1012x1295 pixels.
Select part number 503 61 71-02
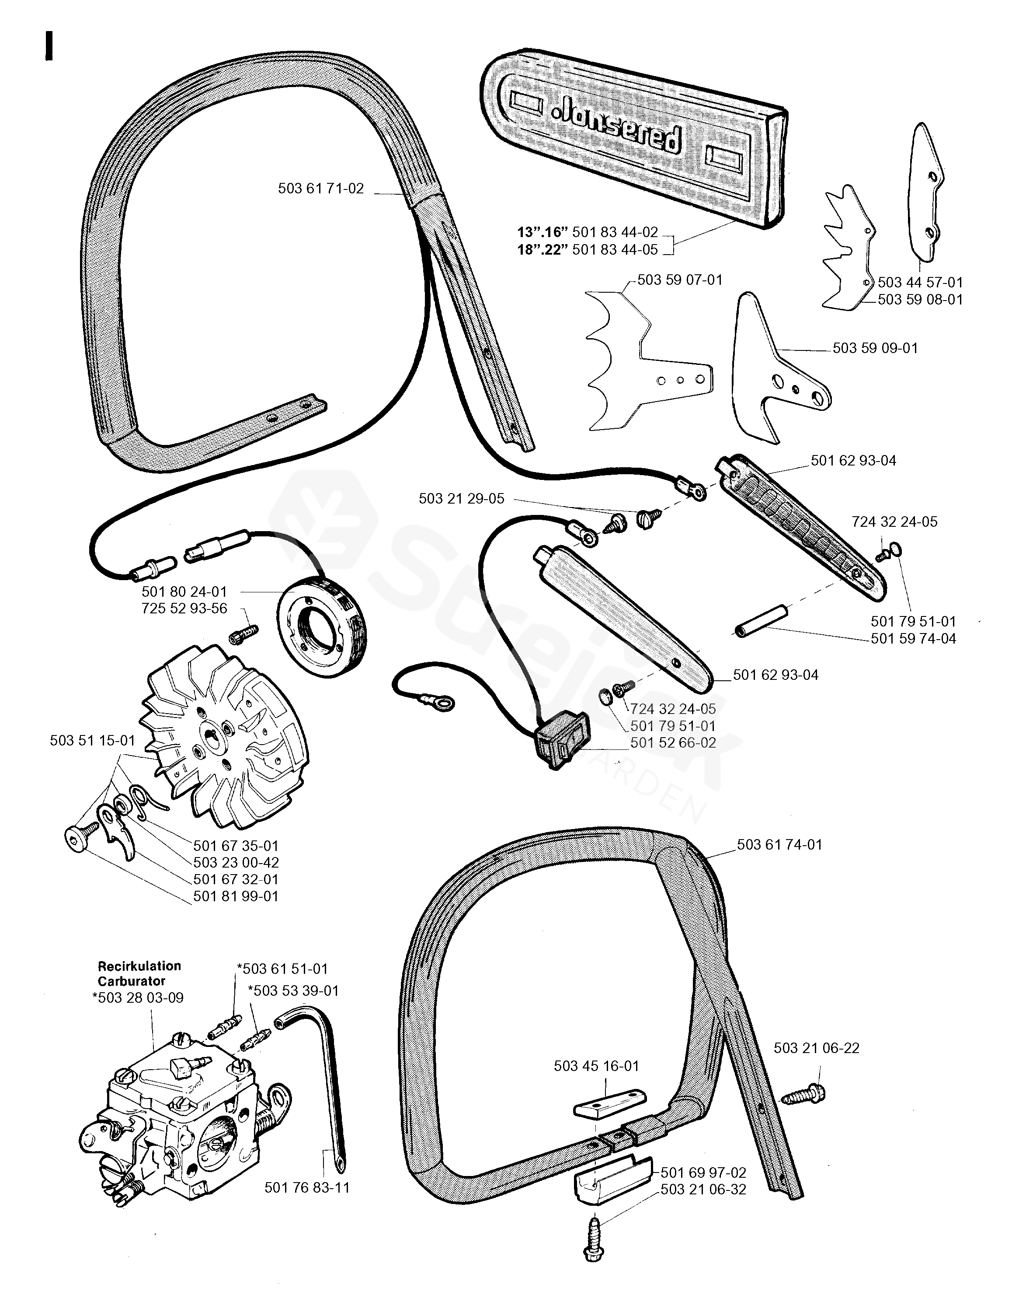tap(320, 189)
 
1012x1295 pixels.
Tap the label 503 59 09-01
tap(875, 348)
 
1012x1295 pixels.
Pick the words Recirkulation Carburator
tap(139, 973)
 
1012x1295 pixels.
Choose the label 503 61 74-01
tap(779, 844)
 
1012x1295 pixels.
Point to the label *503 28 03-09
tap(138, 997)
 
